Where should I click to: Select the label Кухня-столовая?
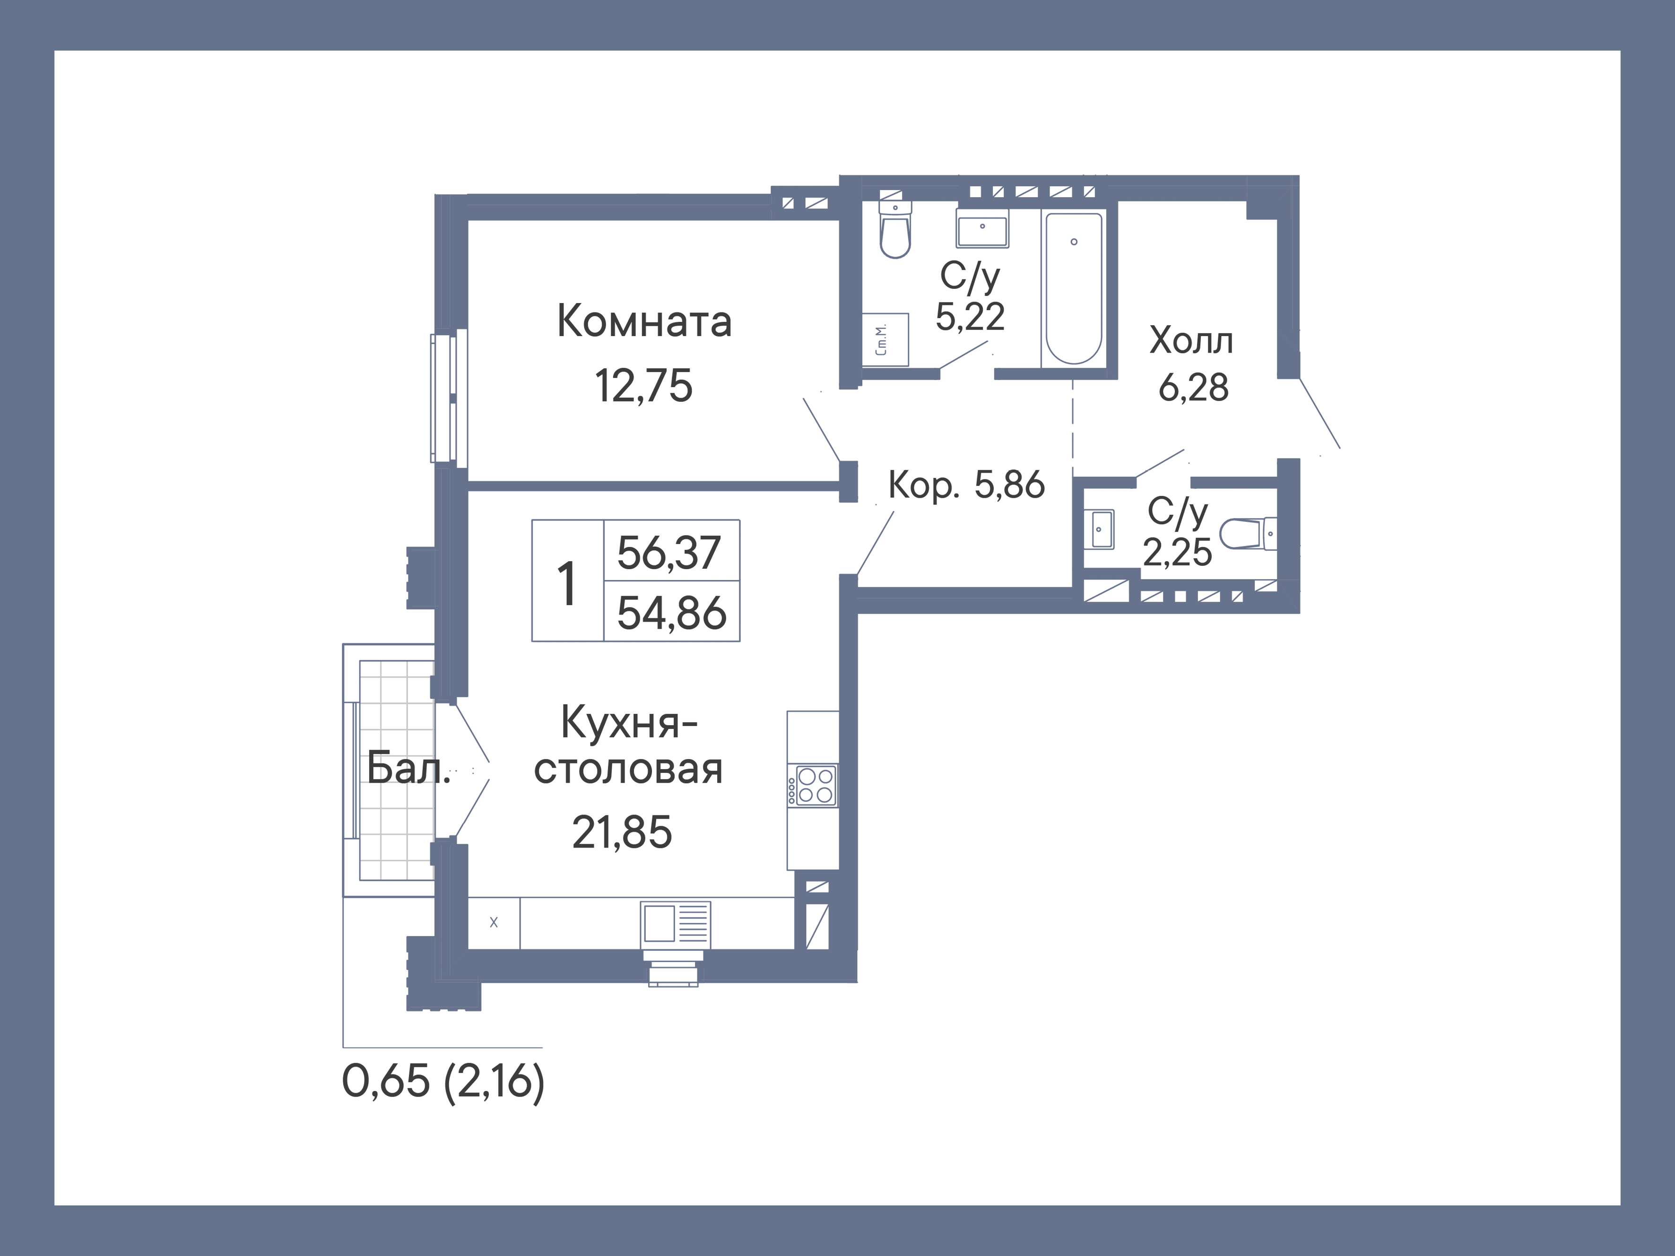tap(628, 746)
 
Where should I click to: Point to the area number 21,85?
tap(622, 832)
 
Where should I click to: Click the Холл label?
tap(1191, 341)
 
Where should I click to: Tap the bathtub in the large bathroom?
tap(1073, 288)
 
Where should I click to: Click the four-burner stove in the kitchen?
tap(815, 785)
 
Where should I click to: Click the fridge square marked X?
tap(494, 923)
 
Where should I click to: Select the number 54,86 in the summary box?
tap(671, 613)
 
